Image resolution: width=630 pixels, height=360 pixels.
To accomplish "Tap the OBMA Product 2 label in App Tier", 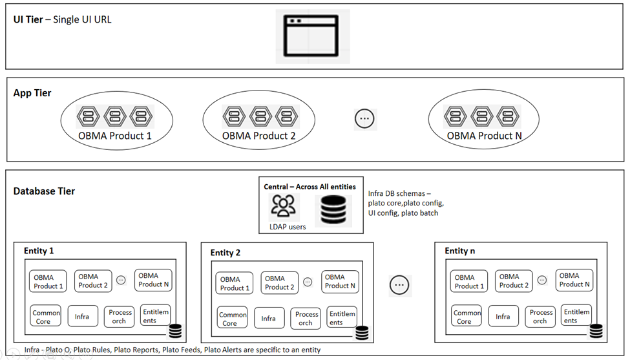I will click(x=258, y=136).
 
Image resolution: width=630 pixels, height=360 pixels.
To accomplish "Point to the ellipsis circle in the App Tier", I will click(x=365, y=118).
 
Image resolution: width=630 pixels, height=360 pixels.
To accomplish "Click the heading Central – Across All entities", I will click(x=310, y=187).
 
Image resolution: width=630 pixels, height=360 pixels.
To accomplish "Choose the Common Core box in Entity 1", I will click(x=47, y=316).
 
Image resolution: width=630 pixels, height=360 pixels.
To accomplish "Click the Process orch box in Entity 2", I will click(x=306, y=318).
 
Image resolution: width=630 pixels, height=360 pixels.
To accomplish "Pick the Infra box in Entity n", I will click(x=503, y=316).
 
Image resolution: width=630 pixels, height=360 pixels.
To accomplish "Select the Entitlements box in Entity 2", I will click(x=342, y=317).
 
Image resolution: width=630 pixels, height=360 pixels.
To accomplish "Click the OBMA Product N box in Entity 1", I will click(x=153, y=280).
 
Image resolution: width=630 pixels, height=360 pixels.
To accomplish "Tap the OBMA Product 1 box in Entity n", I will click(x=468, y=281).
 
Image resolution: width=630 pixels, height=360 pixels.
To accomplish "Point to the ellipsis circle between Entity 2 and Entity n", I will click(x=399, y=284).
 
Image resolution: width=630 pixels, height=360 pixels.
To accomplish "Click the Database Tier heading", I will click(x=44, y=191).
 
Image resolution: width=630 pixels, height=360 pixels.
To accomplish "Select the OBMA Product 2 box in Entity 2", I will click(x=279, y=282).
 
